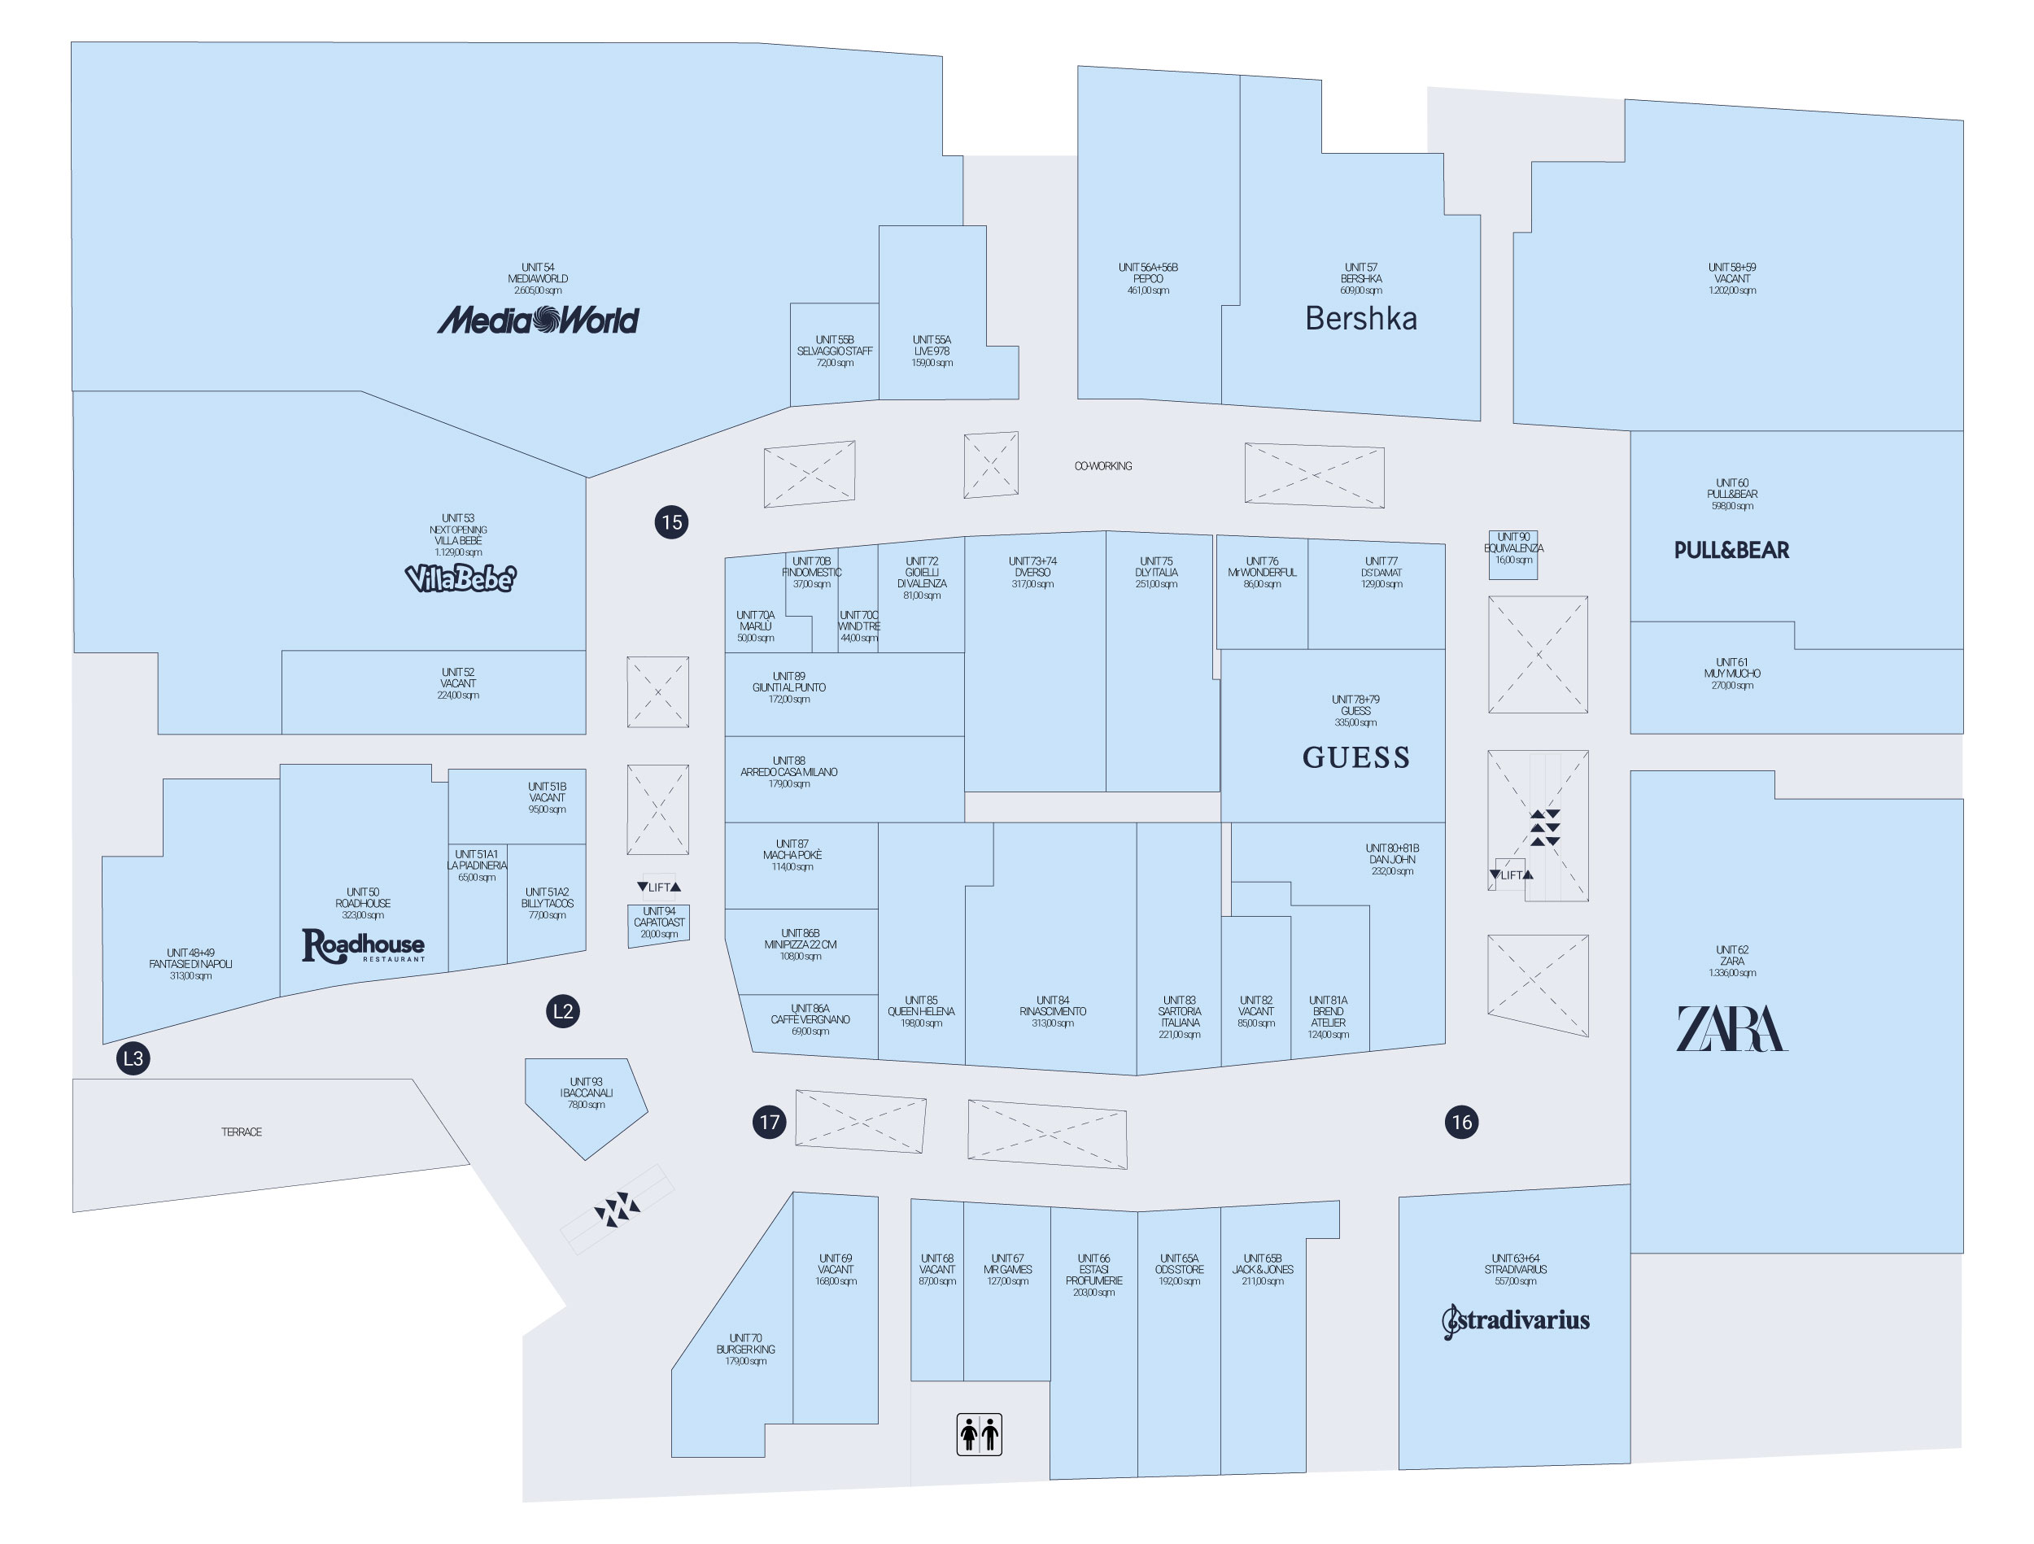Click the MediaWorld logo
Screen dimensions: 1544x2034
pos(537,320)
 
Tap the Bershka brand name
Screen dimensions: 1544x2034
pos(1360,318)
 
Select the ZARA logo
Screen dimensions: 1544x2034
pos(1731,1028)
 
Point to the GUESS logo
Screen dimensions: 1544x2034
pos(1355,757)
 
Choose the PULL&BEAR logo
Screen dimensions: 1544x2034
pos(1731,550)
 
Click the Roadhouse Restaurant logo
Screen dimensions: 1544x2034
pos(363,945)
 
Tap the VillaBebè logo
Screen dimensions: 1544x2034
pos(460,578)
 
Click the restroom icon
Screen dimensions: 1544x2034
pos(979,1433)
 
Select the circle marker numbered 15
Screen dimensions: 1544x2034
pos(671,522)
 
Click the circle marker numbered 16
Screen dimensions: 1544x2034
pos(1460,1122)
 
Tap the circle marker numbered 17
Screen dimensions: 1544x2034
pos(769,1122)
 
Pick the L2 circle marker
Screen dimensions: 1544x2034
pos(563,1011)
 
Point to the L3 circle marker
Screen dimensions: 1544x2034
pos(133,1058)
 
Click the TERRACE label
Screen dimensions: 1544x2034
pos(241,1132)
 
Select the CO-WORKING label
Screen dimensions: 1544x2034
pos(1102,466)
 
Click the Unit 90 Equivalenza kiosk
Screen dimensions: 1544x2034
pos(1512,555)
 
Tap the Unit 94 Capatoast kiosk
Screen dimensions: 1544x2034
pos(658,924)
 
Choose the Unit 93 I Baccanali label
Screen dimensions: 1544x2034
pos(586,1093)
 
